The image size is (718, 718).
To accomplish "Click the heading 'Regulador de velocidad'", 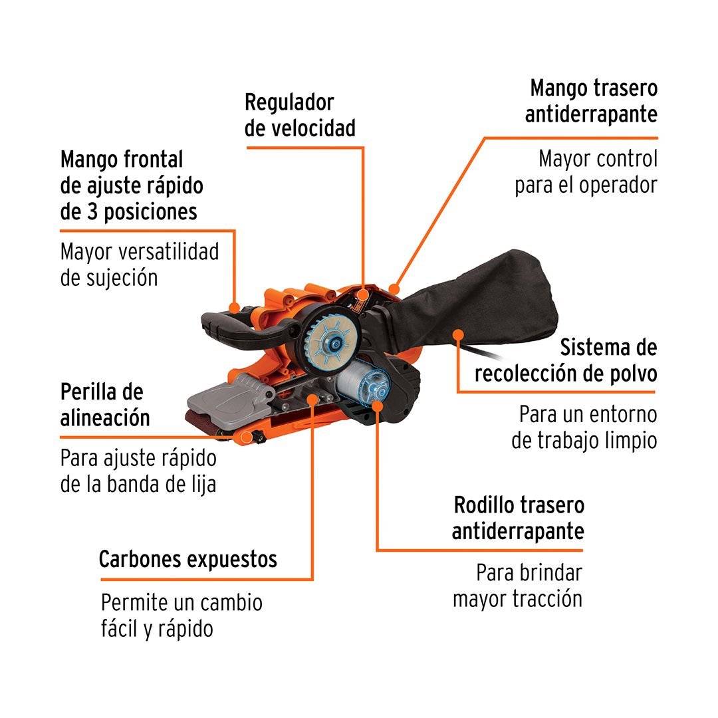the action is click(300, 116).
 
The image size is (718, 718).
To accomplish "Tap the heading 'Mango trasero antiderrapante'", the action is click(591, 101).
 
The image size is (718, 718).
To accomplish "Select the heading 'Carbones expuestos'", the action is click(187, 559).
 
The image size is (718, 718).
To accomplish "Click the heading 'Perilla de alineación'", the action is click(105, 405).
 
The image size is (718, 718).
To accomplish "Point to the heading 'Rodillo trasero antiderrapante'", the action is click(518, 519).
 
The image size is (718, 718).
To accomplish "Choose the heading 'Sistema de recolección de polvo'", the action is click(566, 360).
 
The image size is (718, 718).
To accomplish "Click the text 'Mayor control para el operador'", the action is click(586, 172).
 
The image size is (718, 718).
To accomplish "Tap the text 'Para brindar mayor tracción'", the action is click(517, 586).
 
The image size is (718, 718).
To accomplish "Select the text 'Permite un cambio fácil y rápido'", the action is click(181, 616).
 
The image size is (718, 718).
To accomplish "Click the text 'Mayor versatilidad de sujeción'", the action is click(140, 265).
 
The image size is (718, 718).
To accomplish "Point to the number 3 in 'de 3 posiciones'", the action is click(92, 212).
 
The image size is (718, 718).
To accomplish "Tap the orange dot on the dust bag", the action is click(457, 334).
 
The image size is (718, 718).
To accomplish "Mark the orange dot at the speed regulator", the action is click(363, 294).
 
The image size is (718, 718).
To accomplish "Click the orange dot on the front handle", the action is click(235, 307).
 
